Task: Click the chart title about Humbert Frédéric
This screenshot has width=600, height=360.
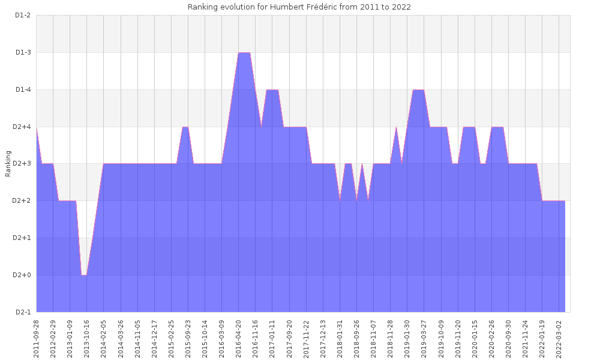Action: (299, 7)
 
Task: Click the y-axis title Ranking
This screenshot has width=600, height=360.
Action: (8, 164)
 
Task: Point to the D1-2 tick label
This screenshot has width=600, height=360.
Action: (22, 15)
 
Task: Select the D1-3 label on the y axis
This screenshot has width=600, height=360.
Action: (22, 52)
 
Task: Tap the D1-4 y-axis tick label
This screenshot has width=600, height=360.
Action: (22, 89)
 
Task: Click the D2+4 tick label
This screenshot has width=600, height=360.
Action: (22, 127)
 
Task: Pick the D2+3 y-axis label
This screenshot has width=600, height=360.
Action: (22, 164)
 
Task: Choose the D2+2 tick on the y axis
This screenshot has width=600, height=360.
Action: (22, 201)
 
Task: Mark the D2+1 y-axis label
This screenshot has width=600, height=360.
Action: (22, 238)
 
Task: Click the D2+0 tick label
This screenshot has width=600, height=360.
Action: (22, 275)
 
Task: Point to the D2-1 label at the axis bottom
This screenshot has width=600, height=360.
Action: (22, 312)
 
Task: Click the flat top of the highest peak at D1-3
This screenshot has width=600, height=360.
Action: (244, 53)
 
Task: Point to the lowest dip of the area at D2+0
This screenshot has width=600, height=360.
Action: (84, 275)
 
